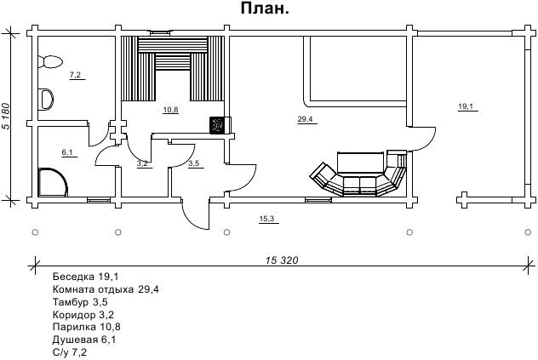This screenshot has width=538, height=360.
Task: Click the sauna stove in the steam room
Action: [x=218, y=124]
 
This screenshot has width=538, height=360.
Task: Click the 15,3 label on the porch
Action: [x=266, y=220]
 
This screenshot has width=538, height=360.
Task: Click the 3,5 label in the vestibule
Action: [x=193, y=163]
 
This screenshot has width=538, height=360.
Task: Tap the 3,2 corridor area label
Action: [x=143, y=162]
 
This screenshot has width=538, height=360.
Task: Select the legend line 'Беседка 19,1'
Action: [x=85, y=277]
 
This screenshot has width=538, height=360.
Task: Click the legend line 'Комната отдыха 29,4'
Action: [x=106, y=289]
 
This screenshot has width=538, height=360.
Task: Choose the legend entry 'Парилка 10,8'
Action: [x=86, y=326]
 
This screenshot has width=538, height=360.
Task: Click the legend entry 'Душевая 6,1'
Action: [x=85, y=338]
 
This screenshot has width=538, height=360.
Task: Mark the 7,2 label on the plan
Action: [x=75, y=76]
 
